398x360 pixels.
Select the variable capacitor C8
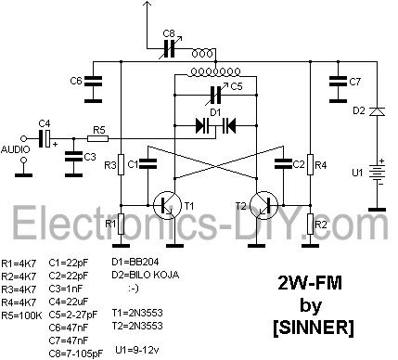170,45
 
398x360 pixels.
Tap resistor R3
122,164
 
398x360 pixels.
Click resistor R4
310,164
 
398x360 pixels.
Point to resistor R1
122,223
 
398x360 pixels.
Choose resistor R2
310,223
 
